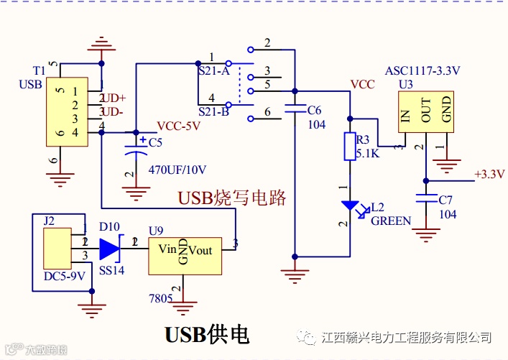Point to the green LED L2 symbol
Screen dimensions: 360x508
(351, 207)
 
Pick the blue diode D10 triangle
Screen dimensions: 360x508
(109, 249)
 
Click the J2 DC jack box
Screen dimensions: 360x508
(57, 249)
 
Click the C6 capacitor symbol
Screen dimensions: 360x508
(295, 111)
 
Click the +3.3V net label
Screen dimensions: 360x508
(489, 174)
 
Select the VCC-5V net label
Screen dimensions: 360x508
(178, 125)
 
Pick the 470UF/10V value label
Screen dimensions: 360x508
(177, 170)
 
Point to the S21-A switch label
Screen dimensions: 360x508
(213, 71)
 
